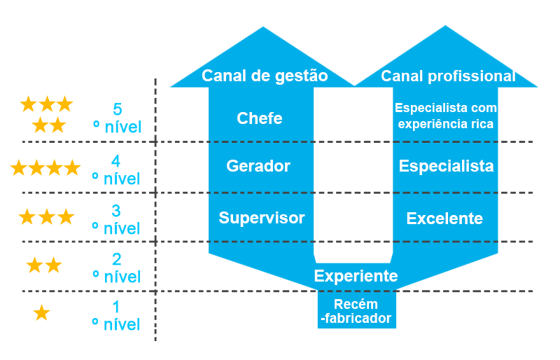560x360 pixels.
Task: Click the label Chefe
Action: coord(259,118)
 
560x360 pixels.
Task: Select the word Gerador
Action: coord(258,166)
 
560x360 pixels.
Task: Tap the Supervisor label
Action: coord(261,218)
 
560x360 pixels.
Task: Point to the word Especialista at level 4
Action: coord(446,166)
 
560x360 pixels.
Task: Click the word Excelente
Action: coord(444,219)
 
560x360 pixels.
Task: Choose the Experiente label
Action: coord(356,276)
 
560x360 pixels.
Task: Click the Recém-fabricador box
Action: coord(357,310)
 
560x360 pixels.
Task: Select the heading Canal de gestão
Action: coord(265,76)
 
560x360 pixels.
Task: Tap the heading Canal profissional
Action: coord(448,76)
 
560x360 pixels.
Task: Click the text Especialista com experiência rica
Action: coord(446,116)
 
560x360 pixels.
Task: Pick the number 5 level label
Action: coord(118,109)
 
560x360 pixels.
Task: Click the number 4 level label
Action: coord(115,161)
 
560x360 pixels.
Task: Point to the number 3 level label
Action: coord(116,211)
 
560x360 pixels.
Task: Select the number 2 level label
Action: coord(116,259)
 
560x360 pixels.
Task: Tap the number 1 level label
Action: coord(116,307)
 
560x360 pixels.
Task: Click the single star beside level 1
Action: coord(41,312)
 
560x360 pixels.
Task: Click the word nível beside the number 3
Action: coord(121,229)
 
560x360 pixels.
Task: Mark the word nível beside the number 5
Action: coord(123,127)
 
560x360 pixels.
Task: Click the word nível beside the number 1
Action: coord(121,325)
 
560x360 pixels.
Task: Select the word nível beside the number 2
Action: coord(122,277)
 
